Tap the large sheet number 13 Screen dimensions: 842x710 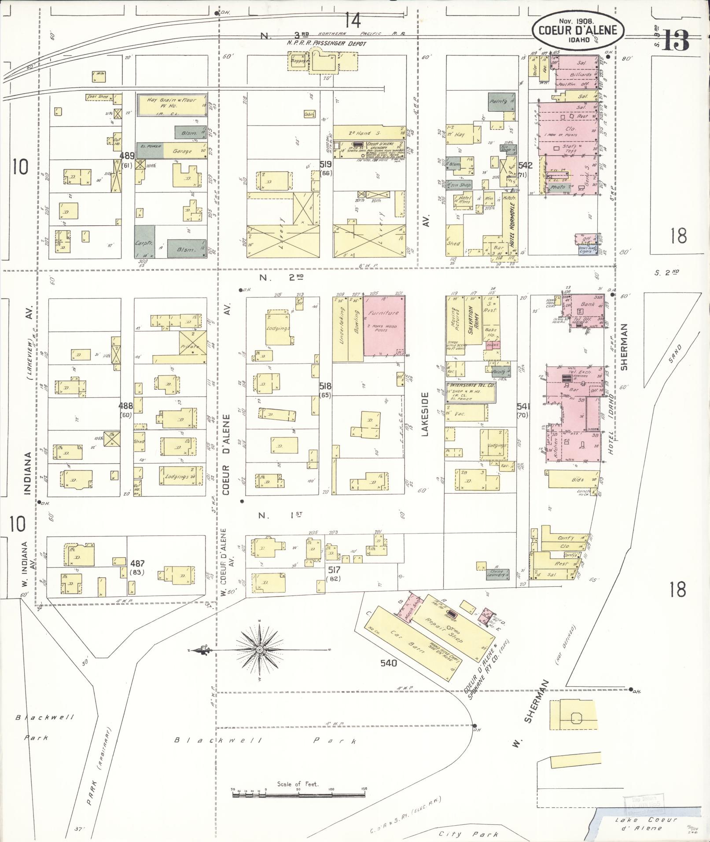click(676, 40)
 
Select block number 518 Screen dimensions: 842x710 click(326, 386)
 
